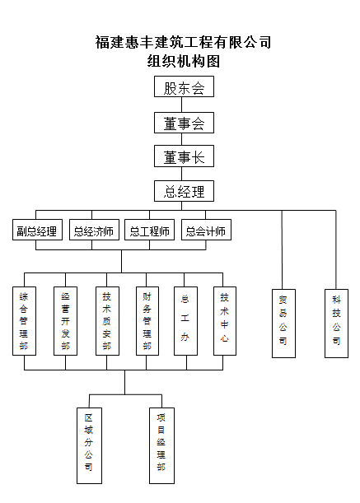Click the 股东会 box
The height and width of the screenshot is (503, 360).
pos(184,86)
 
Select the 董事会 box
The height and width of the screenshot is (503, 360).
pos(184,123)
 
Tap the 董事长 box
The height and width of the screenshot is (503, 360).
pos(184,156)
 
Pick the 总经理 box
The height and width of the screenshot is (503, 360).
pos(184,191)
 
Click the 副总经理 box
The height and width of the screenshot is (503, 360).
pos(37,230)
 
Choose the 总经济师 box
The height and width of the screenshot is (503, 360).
pos(94,230)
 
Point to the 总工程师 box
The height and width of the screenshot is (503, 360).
pos(149,230)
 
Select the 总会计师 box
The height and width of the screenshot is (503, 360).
pos(206,230)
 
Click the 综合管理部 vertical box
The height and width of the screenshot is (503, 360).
pos(24,321)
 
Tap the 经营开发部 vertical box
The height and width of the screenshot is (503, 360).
pos(65,321)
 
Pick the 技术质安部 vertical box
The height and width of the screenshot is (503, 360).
pos(107,321)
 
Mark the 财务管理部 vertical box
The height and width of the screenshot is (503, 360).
pos(147,321)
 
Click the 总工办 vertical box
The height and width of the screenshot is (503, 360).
pos(185,321)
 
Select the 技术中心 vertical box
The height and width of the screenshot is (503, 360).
pos(225,321)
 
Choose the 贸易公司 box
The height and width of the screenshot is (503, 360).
pos(283,324)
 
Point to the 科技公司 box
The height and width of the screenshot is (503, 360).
pos(336,324)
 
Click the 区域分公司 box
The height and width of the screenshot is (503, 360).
pos(89,445)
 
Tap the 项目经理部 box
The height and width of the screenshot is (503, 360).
pos(161,445)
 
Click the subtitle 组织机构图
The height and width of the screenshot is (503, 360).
pos(184,61)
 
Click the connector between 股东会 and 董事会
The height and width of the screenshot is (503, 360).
pos(182,105)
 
